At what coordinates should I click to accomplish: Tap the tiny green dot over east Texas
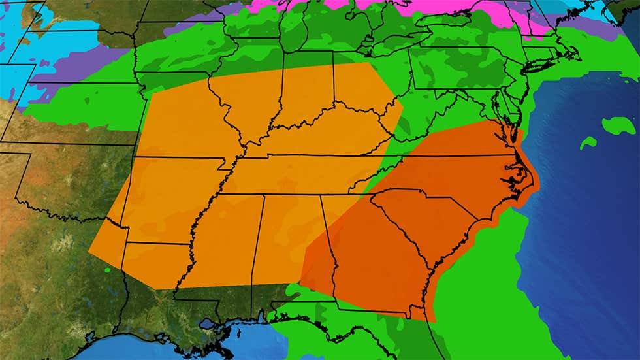point(108,270)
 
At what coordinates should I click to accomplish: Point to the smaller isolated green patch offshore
point(588,142)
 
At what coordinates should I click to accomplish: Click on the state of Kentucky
point(327,131)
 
